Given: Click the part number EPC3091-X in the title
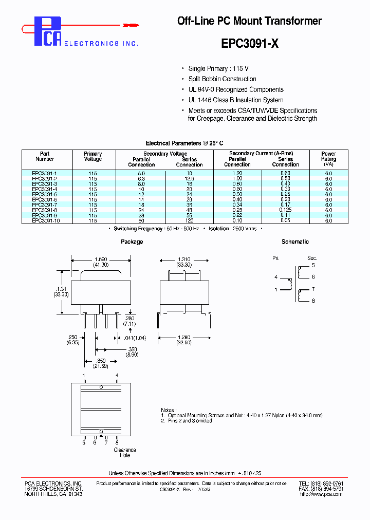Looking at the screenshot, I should click(250, 44).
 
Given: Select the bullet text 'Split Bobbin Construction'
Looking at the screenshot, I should click(222, 79).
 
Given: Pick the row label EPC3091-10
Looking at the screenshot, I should click(45, 220).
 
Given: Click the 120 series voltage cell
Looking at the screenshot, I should click(189, 220).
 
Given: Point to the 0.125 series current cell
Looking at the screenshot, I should click(285, 210).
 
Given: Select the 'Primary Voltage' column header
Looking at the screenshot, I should click(92, 156).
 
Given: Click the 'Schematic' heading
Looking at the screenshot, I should click(295, 242).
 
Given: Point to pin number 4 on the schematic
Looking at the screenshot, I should click(275, 277).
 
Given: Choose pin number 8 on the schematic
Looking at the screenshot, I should click(313, 302).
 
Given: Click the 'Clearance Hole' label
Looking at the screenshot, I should click(125, 453).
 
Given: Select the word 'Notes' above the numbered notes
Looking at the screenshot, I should click(168, 410).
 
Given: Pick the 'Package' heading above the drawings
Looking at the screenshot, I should click(132, 242).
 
